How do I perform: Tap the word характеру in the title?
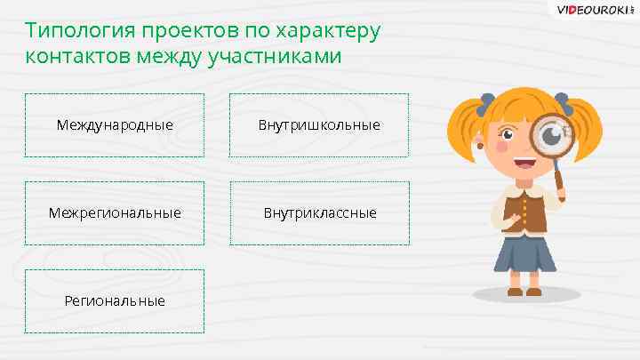coord(329,31)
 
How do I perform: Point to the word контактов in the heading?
coord(78,58)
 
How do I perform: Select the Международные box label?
coord(115,124)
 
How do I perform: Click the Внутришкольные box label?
coord(319,124)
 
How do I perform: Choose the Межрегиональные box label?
coord(115,213)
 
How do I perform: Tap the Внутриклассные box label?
coord(319,213)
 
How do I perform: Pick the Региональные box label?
coord(115,300)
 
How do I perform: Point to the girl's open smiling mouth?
coord(524,164)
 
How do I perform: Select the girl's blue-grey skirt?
coord(525,253)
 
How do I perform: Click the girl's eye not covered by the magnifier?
coord(509,136)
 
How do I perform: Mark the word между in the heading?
coord(170,58)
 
